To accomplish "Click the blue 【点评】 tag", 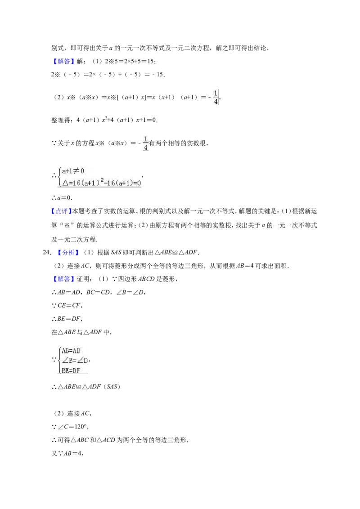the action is pos(61,211).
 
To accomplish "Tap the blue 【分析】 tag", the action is pos(68,253).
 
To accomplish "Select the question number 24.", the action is pos(47,253).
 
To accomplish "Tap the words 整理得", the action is pos(61,120).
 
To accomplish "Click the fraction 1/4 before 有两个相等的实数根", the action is pos(145,143).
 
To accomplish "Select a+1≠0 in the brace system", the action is pos(73,171).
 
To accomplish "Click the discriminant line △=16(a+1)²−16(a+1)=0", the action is pos(102,183).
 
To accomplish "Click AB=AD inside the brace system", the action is pos(71,351).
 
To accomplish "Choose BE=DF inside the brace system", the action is pos(71,371).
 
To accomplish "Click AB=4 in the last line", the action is pos(72,454).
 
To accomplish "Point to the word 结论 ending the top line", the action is pos(260,48).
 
